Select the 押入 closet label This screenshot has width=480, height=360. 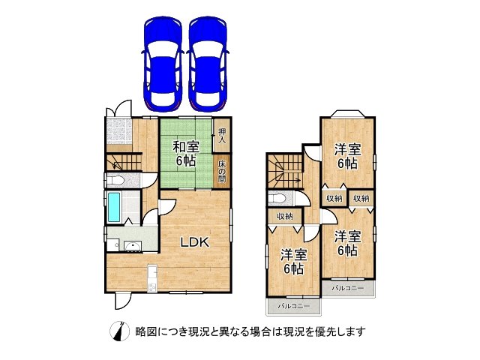(x=222, y=136)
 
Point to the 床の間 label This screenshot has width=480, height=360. (x=223, y=172)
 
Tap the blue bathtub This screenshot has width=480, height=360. (x=114, y=206)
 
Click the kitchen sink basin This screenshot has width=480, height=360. (x=133, y=247)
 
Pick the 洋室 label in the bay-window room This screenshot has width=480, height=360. (x=346, y=155)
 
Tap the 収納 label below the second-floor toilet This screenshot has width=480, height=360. (x=284, y=217)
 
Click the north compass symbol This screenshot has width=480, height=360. (x=118, y=331)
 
